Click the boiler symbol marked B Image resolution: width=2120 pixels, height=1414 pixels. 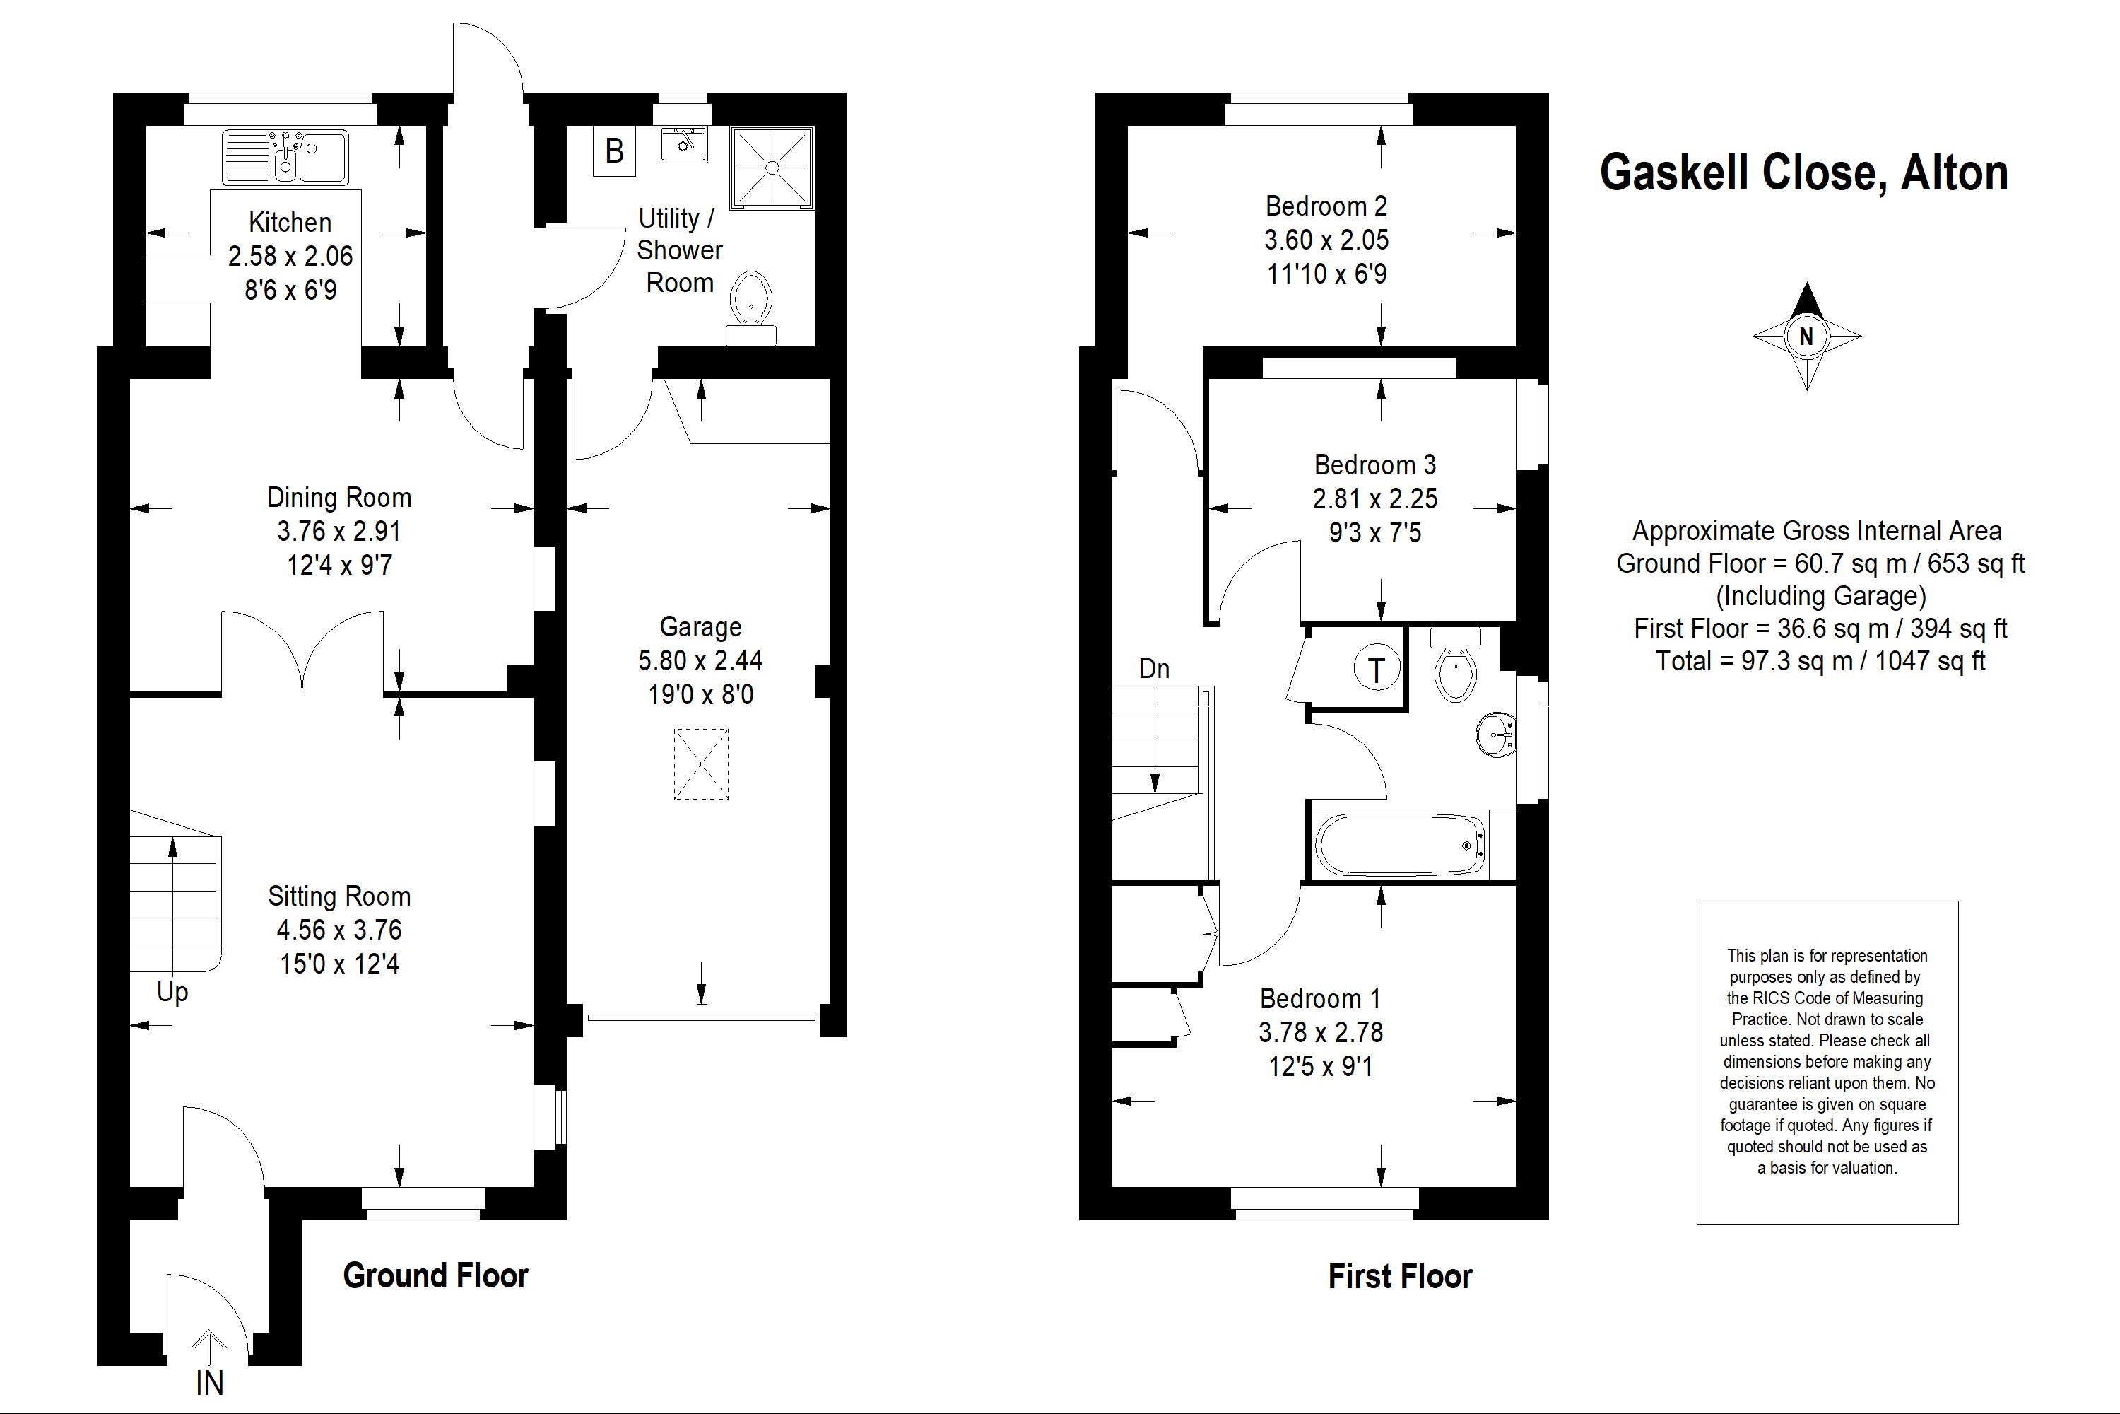(x=614, y=151)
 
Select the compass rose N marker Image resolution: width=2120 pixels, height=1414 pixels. (x=1806, y=337)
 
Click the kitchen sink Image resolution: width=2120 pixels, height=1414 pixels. (x=285, y=156)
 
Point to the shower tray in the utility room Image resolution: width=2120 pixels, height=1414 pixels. (x=772, y=168)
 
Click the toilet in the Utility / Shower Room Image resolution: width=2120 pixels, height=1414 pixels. (x=750, y=308)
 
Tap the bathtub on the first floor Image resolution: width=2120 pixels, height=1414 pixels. (x=1399, y=845)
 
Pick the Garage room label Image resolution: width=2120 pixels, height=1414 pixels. (x=700, y=626)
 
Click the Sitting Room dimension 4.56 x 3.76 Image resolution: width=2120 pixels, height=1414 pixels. (x=339, y=930)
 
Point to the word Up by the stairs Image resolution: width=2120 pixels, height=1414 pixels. (x=172, y=992)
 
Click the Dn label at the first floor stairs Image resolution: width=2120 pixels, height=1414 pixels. (x=1154, y=668)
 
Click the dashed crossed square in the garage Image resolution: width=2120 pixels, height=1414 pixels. (x=700, y=764)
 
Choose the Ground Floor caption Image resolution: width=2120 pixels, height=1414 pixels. (x=435, y=1275)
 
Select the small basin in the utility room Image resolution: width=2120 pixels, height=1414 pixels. (x=683, y=144)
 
